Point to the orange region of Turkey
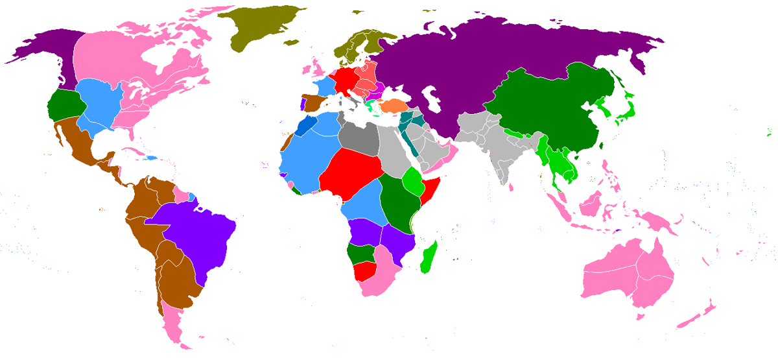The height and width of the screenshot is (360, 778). pos(393,105)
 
